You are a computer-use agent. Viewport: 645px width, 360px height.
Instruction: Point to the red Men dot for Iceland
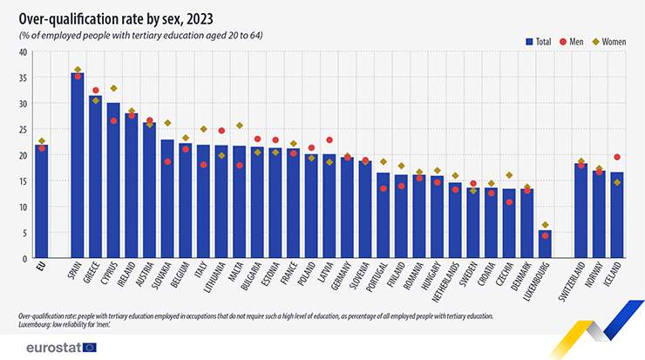pyautogui.click(x=617, y=157)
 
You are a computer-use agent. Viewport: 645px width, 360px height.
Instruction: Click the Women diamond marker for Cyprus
pyautogui.click(x=114, y=88)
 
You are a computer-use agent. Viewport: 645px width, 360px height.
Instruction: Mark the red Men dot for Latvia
pyautogui.click(x=329, y=139)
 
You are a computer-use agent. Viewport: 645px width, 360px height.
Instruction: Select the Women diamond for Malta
pyautogui.click(x=240, y=126)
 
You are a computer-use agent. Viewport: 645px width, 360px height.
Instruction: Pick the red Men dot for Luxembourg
pyautogui.click(x=545, y=235)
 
